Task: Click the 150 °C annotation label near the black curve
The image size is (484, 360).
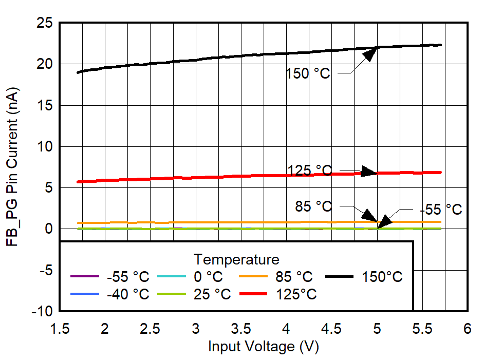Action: point(308,73)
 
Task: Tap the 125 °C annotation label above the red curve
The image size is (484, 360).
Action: point(310,170)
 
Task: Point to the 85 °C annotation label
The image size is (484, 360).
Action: point(313,206)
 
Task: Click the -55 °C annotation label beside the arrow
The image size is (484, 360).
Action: point(440,210)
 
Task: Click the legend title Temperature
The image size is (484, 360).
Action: point(236,258)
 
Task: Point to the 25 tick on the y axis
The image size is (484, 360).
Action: point(45,23)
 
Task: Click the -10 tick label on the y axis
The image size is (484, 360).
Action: point(43,311)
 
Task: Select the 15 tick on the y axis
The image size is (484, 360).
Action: point(45,105)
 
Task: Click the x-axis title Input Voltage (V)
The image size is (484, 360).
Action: point(263,347)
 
